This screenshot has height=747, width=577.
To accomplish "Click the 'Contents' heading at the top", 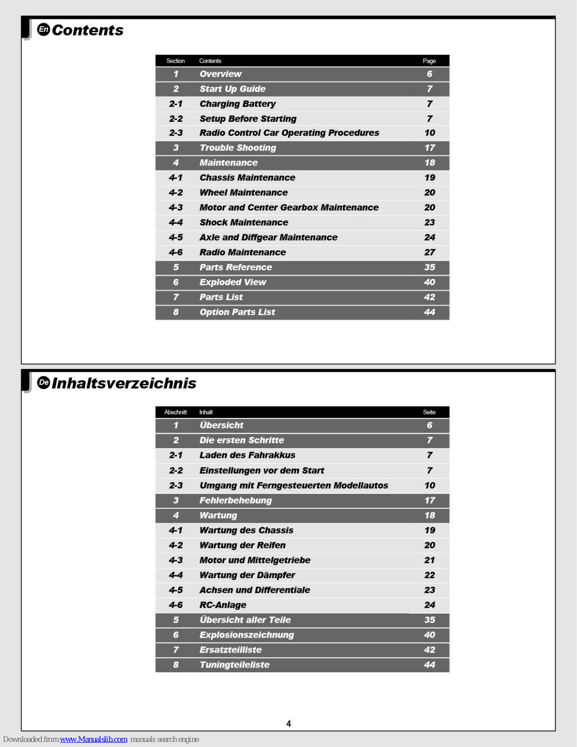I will point(88,30).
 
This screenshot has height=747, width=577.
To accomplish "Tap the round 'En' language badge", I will point(43,29).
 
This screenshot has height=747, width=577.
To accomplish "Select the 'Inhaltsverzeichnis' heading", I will point(124,383).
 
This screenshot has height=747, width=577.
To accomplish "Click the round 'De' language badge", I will point(43,382).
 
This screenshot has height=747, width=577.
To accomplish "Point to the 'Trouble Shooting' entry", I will point(237,148).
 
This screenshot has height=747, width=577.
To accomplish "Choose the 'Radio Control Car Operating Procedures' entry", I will point(289,133).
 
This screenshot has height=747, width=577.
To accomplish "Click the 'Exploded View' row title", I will point(233,282).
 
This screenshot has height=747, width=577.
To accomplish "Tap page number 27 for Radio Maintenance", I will point(430,253).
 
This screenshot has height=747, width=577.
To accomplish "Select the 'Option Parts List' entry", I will point(237,312).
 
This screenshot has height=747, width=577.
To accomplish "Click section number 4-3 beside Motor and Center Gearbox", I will point(176,208).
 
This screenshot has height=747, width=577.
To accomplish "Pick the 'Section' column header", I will point(175,61).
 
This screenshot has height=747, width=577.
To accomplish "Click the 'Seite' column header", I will point(429,412).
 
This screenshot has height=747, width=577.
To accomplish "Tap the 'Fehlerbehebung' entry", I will point(236,500).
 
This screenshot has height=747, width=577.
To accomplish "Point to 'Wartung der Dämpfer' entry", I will point(247,575).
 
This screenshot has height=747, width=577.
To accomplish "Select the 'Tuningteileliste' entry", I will point(234,665).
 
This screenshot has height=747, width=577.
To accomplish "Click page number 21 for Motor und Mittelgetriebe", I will point(430,560).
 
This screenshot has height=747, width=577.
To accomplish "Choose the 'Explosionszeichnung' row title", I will point(247,635).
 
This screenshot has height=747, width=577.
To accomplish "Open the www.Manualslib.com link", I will point(93,739).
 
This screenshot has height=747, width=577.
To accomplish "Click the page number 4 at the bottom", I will point(288,724).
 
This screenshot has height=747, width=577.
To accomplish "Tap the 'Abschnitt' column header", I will point(175,412).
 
